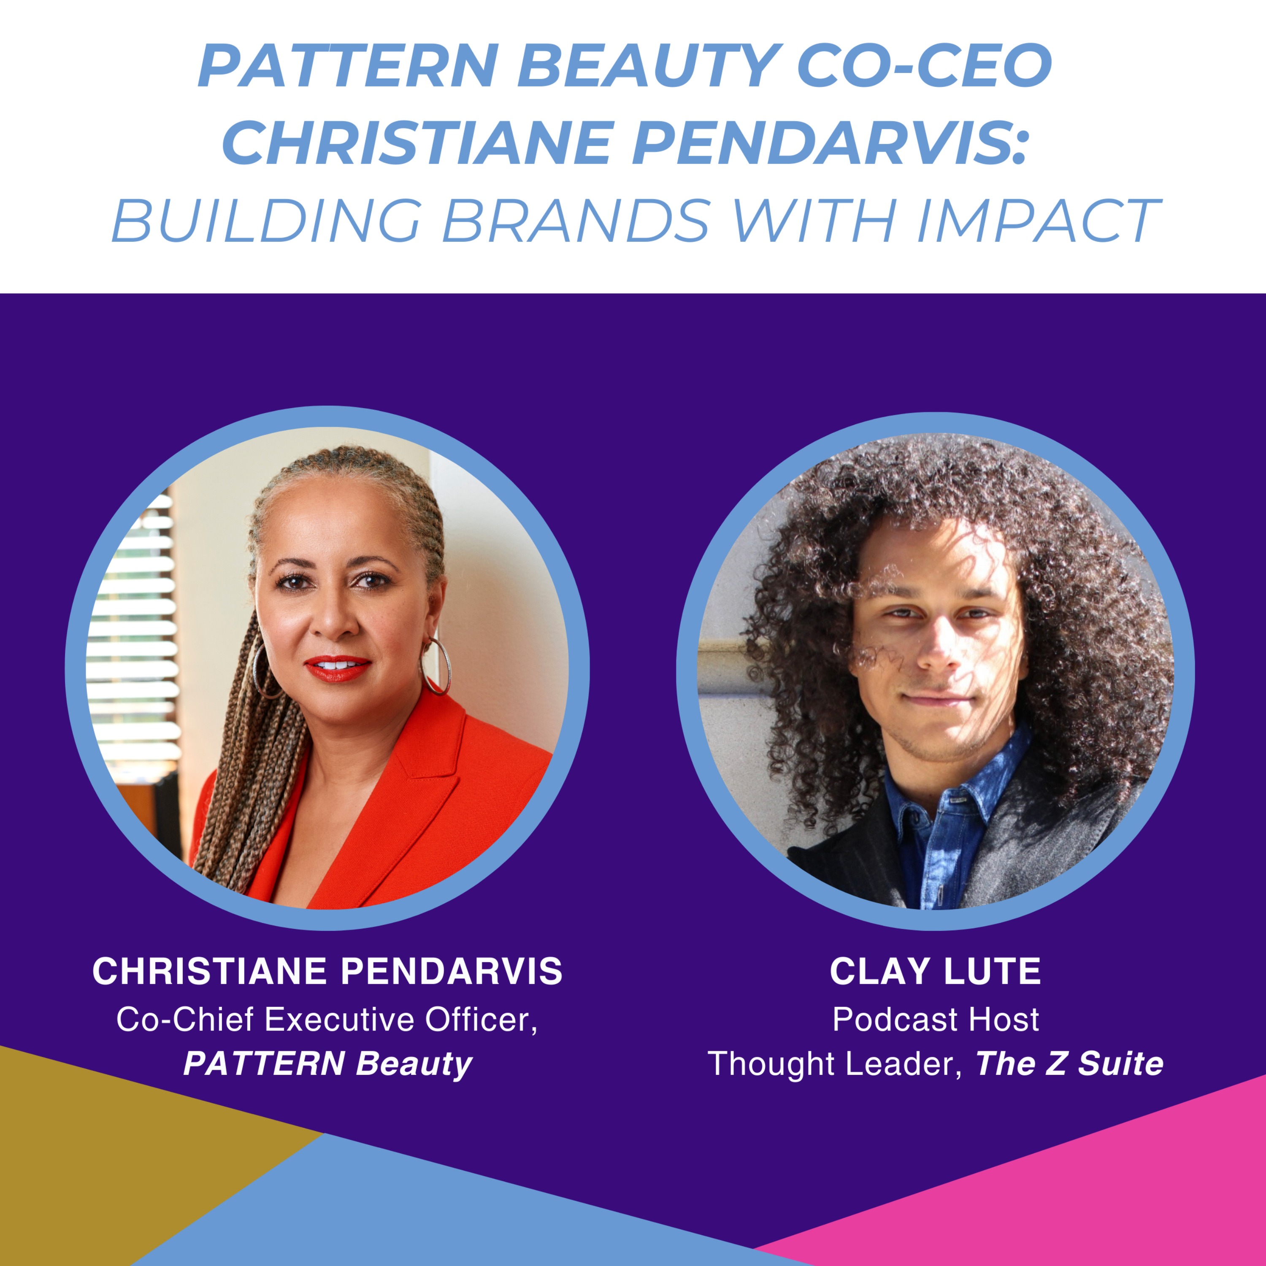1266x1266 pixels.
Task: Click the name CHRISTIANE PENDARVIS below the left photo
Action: [x=327, y=971]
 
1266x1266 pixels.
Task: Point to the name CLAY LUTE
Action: [x=935, y=971]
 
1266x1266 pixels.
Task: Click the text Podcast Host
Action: [x=935, y=1020]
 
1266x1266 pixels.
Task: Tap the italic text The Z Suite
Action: [x=1069, y=1063]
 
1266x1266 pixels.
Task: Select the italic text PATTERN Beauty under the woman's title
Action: [x=327, y=1063]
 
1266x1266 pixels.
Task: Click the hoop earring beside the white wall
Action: [x=436, y=667]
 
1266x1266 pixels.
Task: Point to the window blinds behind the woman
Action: [x=134, y=629]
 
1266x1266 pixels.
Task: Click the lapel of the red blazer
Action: [x=419, y=793]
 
